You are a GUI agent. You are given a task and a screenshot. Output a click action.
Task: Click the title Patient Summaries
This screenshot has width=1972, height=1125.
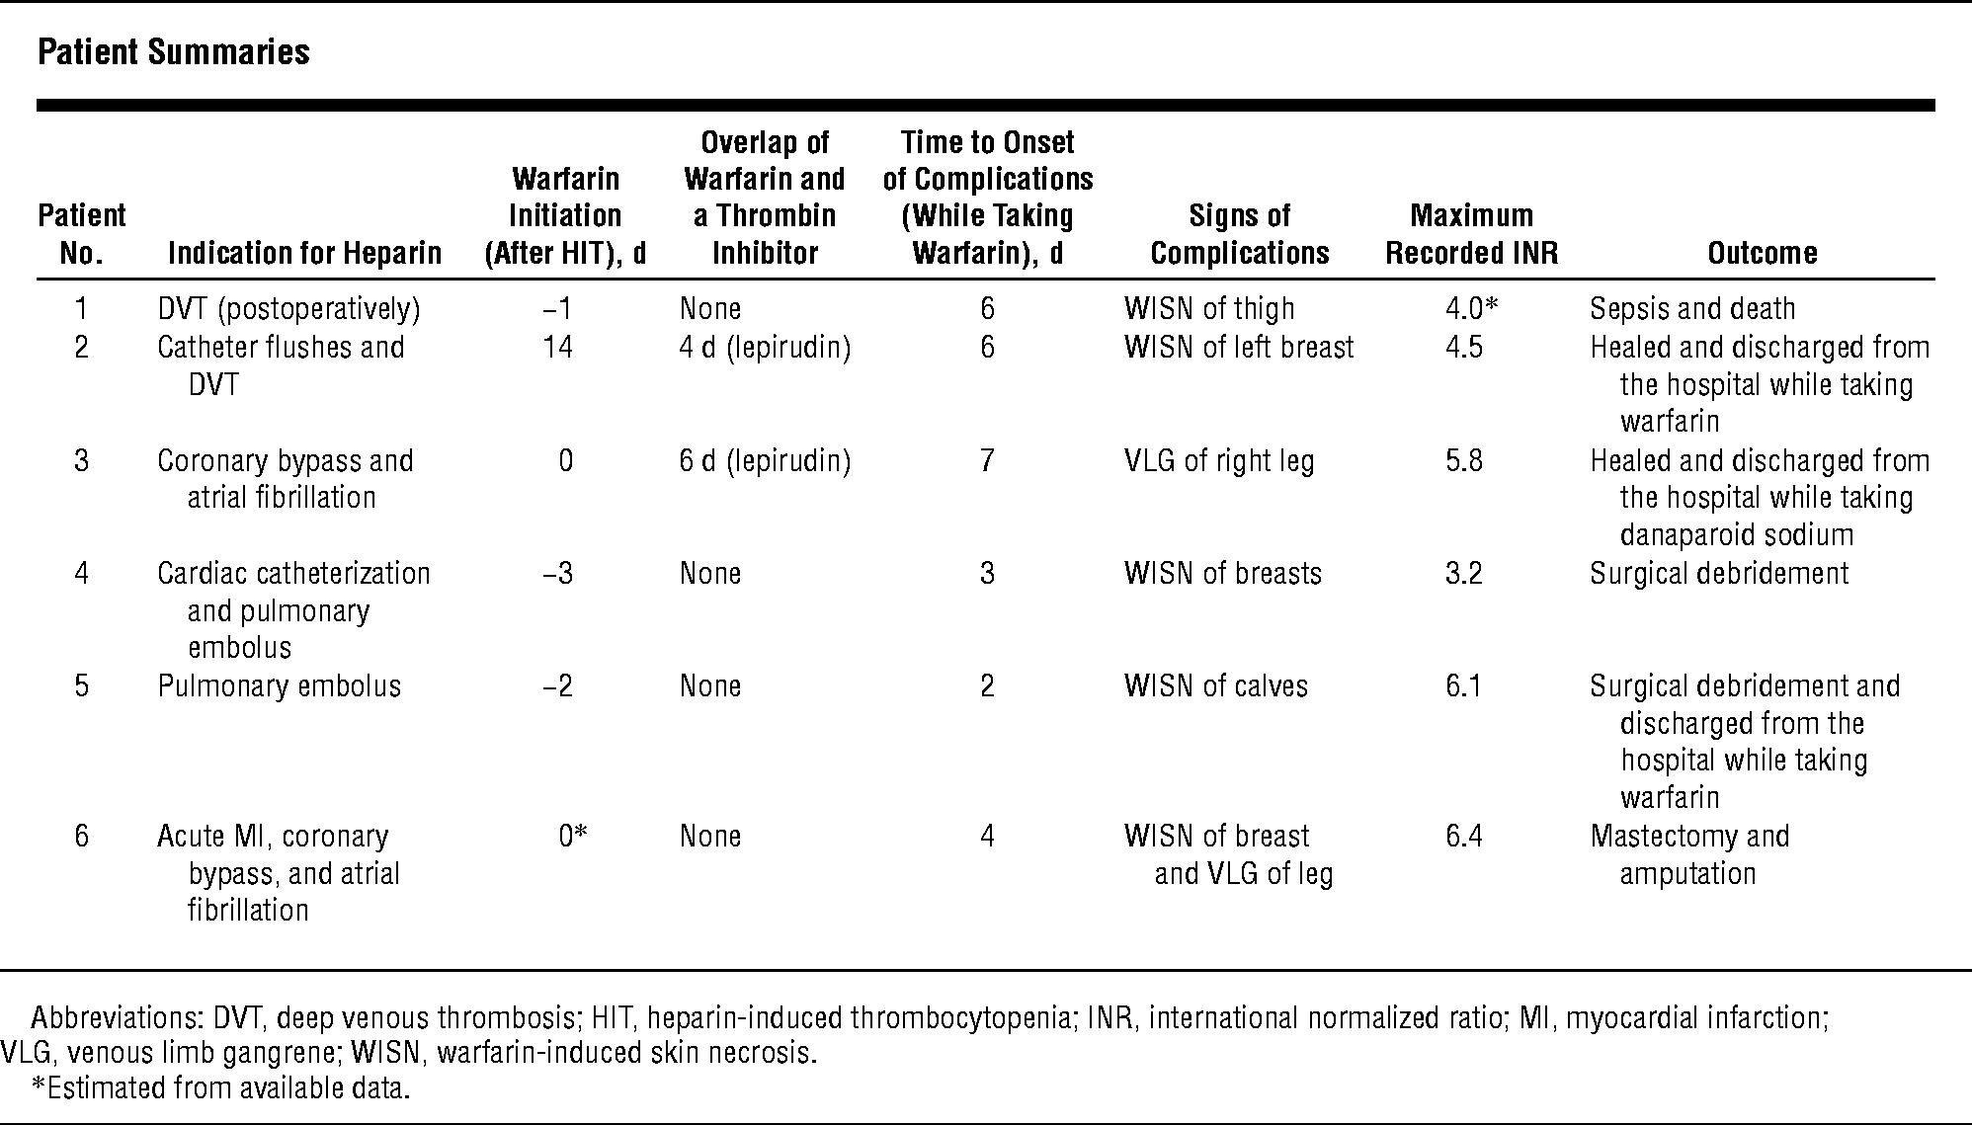(174, 52)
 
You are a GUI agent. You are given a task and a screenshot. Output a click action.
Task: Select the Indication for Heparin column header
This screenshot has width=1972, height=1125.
(304, 253)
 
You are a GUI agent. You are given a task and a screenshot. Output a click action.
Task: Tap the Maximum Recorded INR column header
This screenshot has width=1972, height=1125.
(1471, 234)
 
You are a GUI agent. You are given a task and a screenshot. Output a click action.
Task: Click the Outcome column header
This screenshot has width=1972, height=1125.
(1763, 253)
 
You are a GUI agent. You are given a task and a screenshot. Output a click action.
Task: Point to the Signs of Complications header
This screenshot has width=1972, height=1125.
(1240, 234)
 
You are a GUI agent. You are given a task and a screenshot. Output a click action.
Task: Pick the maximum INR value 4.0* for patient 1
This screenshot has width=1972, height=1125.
(1471, 309)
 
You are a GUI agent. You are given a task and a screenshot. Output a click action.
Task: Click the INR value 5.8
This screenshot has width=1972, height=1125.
(1463, 461)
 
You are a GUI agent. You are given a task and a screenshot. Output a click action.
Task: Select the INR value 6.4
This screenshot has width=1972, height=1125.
(1463, 837)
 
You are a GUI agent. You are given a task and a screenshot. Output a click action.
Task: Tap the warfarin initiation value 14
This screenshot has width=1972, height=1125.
(557, 348)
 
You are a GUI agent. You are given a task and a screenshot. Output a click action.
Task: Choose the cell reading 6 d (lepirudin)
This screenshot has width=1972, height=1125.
(765, 461)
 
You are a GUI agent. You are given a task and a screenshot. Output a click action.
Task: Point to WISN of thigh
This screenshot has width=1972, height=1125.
(1209, 309)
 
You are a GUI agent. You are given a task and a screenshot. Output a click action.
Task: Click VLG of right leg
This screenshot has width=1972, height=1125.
(1219, 461)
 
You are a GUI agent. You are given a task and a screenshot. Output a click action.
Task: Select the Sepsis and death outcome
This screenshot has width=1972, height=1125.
(1692, 309)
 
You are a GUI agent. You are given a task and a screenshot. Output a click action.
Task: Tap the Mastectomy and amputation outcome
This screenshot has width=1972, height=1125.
(1689, 855)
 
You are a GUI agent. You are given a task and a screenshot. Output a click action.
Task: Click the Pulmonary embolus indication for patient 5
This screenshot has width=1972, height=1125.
(280, 686)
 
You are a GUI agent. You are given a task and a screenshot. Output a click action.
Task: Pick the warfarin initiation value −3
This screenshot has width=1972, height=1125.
(558, 574)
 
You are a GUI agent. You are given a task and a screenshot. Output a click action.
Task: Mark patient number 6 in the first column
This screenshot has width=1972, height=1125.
(81, 837)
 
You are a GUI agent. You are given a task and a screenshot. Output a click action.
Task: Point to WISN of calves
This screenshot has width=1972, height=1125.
(1216, 686)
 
